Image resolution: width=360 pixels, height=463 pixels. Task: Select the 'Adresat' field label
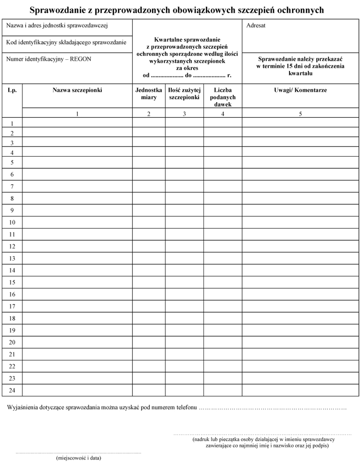[x=256, y=25]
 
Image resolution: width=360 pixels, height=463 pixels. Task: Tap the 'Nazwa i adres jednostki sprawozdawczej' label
[x=56, y=25]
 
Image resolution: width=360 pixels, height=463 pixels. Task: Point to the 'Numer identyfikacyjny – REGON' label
[x=49, y=59]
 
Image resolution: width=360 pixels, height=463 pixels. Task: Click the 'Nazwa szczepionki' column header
[x=77, y=90]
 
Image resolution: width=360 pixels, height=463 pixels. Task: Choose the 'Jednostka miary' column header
[x=148, y=94]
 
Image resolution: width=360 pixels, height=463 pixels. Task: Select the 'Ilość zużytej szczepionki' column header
[x=184, y=94]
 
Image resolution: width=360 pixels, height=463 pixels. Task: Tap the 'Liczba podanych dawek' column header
[x=222, y=97]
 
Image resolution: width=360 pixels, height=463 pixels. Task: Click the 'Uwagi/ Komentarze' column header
[x=300, y=90]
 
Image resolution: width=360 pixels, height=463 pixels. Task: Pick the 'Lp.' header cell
[x=12, y=90]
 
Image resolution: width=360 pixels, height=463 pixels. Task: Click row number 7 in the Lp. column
[x=12, y=187]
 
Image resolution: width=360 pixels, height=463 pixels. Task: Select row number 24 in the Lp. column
[x=12, y=391]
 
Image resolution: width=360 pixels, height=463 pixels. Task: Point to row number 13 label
[x=12, y=259]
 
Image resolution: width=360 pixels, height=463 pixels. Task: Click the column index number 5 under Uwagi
[x=300, y=114]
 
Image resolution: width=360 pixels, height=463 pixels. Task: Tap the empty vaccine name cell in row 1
[x=77, y=124]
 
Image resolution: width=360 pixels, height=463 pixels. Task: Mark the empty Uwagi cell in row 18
[x=300, y=319]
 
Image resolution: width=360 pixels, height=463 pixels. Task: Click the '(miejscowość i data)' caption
[x=79, y=458]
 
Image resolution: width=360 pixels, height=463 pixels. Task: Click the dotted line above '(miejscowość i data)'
[x=78, y=452]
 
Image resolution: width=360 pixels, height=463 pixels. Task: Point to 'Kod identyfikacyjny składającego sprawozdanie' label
[x=66, y=42]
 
